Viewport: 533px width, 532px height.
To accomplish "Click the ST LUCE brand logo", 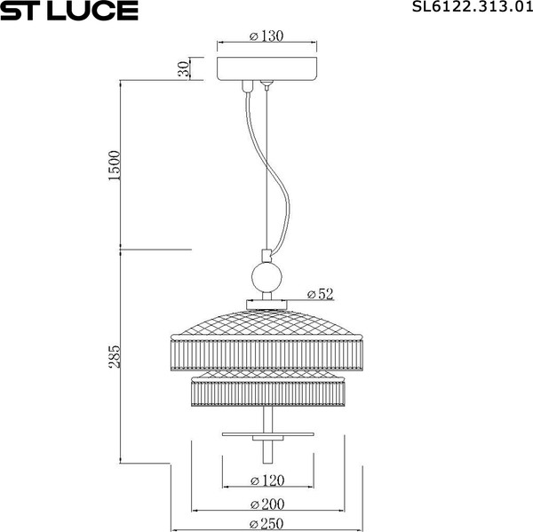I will tap(69, 11).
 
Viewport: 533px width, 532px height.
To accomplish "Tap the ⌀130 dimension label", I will tap(266, 36).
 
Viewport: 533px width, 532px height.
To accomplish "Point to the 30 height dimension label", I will tap(184, 69).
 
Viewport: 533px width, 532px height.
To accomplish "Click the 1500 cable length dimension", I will tap(114, 165).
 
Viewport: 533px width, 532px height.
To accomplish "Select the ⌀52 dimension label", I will tap(319, 293).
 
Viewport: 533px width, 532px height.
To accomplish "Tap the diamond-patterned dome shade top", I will tap(266, 320).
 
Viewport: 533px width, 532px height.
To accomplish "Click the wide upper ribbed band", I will tap(266, 353).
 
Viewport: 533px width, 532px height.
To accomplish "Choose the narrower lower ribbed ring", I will tap(266, 392).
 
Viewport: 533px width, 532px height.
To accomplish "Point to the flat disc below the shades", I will tap(266, 434).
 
